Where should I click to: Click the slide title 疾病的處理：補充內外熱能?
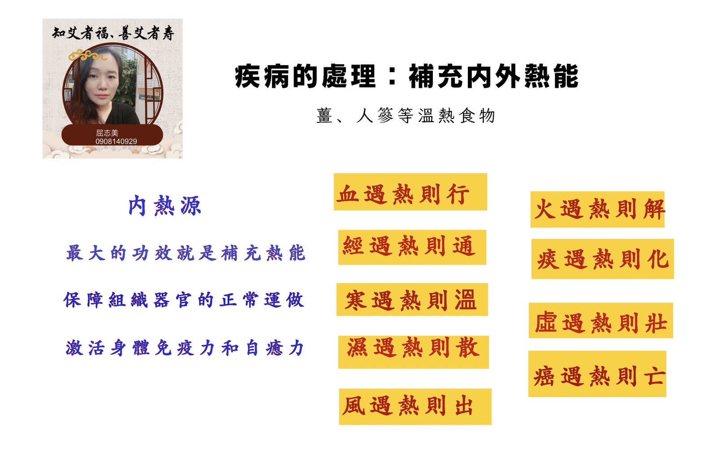click(406, 76)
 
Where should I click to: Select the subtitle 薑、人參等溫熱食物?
click(406, 116)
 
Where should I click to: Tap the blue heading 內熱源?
click(164, 206)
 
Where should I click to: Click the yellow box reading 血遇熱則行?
click(410, 192)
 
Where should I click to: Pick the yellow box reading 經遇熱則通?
click(412, 247)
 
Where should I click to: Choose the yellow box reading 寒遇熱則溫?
click(412, 300)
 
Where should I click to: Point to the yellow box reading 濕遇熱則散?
click(413, 352)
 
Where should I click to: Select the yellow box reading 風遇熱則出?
click(415, 406)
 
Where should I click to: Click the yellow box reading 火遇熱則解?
click(597, 209)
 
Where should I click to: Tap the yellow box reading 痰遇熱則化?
click(602, 259)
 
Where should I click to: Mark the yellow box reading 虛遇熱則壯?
click(600, 321)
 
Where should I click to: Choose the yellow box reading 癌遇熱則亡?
click(597, 374)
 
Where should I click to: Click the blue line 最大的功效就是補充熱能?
click(186, 253)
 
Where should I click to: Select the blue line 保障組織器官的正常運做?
click(184, 300)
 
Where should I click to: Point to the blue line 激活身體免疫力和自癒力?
click(185, 348)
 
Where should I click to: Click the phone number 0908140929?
click(116, 141)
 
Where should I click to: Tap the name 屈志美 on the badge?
click(107, 133)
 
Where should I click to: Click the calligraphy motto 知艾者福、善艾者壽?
click(113, 33)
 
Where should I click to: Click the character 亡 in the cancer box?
click(654, 376)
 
